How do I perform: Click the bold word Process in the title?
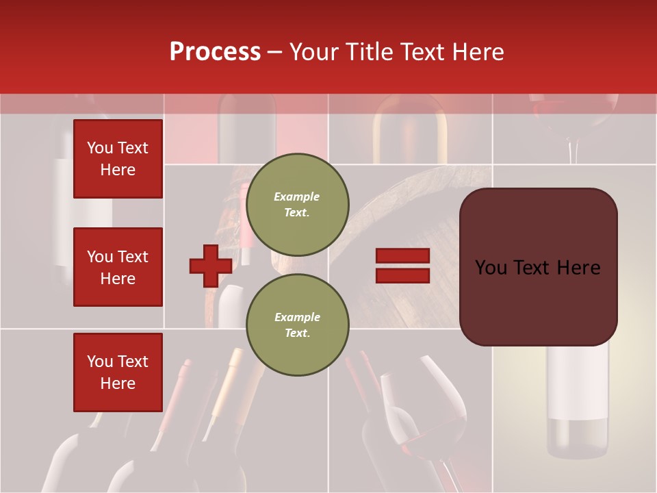[x=215, y=52]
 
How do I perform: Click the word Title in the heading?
[x=370, y=52]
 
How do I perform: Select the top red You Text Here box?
[x=118, y=159]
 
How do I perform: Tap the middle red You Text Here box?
[x=118, y=267]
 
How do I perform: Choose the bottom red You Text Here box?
[x=118, y=372]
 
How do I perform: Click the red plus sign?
[x=211, y=266]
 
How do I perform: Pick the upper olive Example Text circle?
[x=297, y=204]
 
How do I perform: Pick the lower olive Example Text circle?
[x=297, y=325]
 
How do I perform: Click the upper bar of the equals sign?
[x=402, y=255]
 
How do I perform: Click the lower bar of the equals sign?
[x=402, y=275]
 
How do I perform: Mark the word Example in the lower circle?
[x=297, y=317]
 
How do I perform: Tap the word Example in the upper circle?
[x=297, y=197]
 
